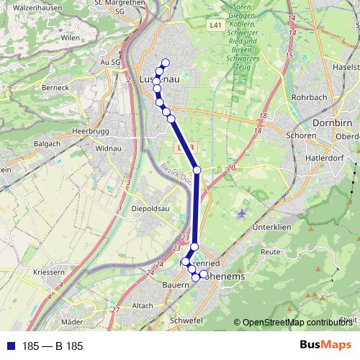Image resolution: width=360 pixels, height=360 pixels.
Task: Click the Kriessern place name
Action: pos(49,273)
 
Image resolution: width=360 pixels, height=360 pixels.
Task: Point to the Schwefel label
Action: pos(183,319)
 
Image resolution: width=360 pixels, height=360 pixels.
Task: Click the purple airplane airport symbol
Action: pos(240,214)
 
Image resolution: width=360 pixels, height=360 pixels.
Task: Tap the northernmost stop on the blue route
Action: pos(165,62)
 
